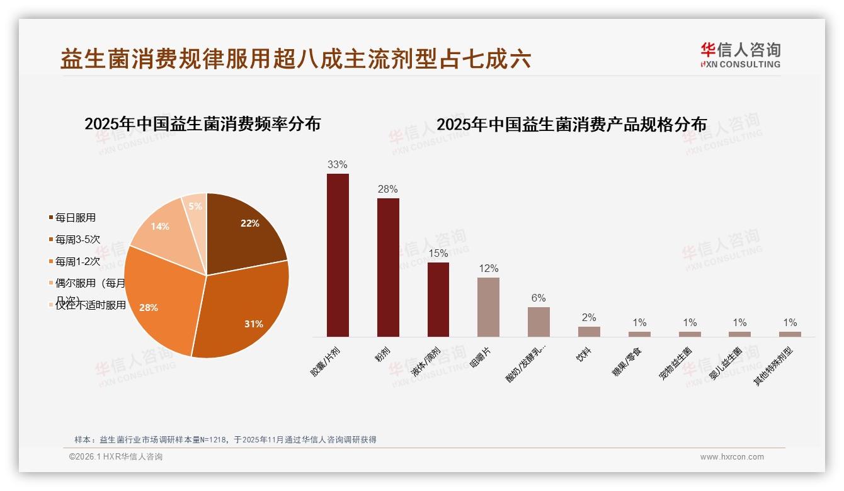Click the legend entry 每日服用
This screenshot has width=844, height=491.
(x=75, y=218)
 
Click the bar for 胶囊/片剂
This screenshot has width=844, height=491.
(x=338, y=255)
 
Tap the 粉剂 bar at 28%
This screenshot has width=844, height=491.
(x=388, y=268)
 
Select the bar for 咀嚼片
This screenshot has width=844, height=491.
(x=488, y=307)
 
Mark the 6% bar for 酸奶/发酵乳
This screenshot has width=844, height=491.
(x=539, y=322)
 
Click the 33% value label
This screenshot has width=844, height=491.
(x=338, y=165)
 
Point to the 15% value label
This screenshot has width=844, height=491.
(x=438, y=254)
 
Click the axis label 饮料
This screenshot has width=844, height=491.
(x=583, y=355)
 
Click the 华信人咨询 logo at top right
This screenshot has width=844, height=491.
(x=740, y=55)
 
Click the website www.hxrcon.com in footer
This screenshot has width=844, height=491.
(x=732, y=457)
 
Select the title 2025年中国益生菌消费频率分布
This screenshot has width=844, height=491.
(x=202, y=124)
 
